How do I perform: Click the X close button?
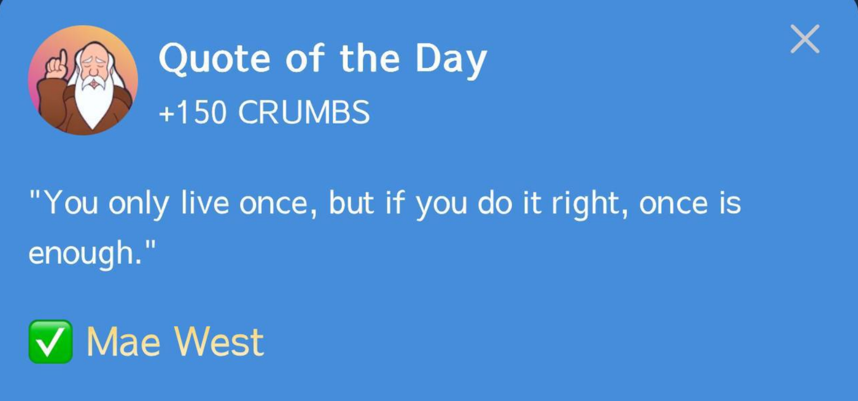[x=805, y=39]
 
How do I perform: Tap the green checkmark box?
[x=51, y=341]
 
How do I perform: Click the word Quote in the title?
[x=214, y=58]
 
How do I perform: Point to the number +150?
[x=192, y=112]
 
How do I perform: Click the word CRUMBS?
[x=304, y=112]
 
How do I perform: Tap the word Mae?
[x=123, y=342]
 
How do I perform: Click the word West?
[x=220, y=342]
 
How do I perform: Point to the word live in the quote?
[x=205, y=202]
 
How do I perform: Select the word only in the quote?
[x=139, y=205]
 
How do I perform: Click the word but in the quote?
[x=351, y=202]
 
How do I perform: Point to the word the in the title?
[x=370, y=58]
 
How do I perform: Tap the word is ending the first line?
[x=730, y=202]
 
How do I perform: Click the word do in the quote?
[x=495, y=202]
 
